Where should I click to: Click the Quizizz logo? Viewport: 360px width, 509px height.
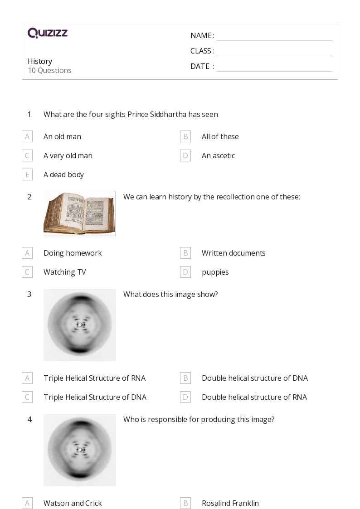click(48, 33)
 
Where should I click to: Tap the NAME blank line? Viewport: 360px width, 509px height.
click(274, 40)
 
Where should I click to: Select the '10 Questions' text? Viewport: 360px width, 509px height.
click(50, 70)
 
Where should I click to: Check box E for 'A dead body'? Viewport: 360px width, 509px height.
click(27, 175)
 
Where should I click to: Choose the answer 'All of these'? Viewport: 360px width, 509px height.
click(220, 137)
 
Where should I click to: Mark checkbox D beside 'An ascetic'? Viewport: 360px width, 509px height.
click(185, 156)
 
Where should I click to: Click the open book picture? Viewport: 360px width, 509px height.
click(79, 213)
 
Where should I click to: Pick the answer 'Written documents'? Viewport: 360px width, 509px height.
click(234, 253)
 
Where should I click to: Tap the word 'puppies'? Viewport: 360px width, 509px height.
click(215, 272)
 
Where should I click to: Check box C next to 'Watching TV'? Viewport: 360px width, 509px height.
click(27, 272)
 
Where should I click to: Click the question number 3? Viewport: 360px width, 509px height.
click(30, 295)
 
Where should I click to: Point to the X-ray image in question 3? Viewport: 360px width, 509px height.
click(79, 325)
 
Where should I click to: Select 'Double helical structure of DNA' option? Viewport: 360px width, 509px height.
click(255, 378)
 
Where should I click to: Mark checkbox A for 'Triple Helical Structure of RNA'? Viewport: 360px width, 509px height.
click(27, 378)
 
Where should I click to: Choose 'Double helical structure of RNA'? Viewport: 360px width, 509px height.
click(254, 398)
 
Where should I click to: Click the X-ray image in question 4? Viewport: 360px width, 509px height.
click(79, 450)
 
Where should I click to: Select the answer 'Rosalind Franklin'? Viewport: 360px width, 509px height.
click(230, 504)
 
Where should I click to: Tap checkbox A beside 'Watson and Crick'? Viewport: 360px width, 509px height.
click(27, 504)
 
